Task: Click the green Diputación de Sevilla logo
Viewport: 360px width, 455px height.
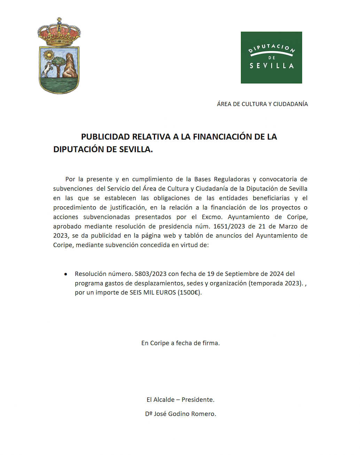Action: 271,57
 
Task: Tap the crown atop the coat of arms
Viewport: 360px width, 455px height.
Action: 59,33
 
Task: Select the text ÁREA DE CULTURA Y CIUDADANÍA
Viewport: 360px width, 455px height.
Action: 262,104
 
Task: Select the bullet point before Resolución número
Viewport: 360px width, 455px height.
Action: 66,274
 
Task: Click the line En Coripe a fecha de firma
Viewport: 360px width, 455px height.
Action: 180,343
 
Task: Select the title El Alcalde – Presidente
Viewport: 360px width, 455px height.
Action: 180,400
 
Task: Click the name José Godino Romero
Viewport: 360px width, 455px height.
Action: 185,414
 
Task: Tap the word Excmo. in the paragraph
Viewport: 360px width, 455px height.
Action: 212,217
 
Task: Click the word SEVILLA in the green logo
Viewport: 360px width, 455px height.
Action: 271,66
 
